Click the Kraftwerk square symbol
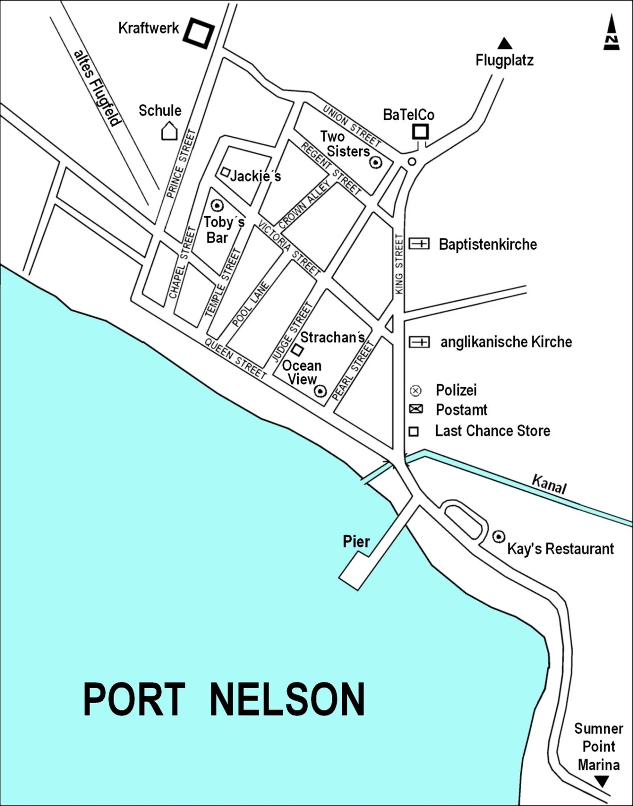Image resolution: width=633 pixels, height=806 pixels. tap(199, 33)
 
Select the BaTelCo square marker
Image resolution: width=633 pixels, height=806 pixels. tap(420, 132)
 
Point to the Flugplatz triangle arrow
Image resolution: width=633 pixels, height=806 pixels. tap(504, 44)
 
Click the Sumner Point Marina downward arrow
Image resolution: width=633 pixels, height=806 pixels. tap(601, 781)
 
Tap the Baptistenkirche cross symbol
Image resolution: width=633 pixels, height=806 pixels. tap(419, 243)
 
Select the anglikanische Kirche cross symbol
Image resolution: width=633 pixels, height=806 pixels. tap(419, 342)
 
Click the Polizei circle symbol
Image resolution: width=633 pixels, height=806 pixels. tap(415, 391)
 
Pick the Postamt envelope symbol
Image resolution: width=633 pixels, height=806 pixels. tap(416, 409)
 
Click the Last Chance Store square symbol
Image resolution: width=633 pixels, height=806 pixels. tap(413, 431)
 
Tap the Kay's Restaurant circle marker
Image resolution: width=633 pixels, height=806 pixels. tap(498, 536)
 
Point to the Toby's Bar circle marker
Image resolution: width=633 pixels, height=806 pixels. tap(217, 205)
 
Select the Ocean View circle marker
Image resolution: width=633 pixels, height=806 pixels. tap(320, 391)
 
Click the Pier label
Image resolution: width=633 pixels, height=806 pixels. tap(356, 541)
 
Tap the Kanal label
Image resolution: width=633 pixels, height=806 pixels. tap(548, 483)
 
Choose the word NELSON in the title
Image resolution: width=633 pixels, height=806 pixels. tap(287, 699)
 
